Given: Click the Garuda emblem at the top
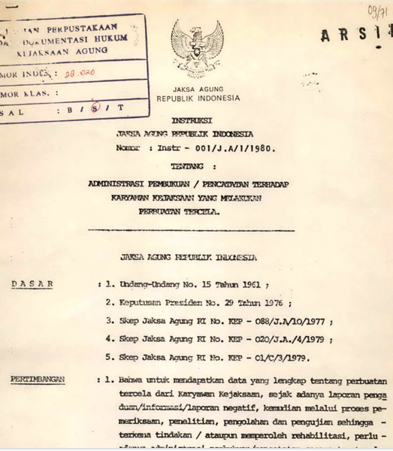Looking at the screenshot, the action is point(197,49).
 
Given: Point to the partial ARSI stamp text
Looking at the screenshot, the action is point(355,35).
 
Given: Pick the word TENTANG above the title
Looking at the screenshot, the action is point(195,167).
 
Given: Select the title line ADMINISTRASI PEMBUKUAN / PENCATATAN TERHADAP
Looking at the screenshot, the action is point(198,185).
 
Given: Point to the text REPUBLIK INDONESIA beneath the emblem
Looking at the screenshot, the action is point(199,98).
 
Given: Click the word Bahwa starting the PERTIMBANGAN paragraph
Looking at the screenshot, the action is point(133,382).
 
